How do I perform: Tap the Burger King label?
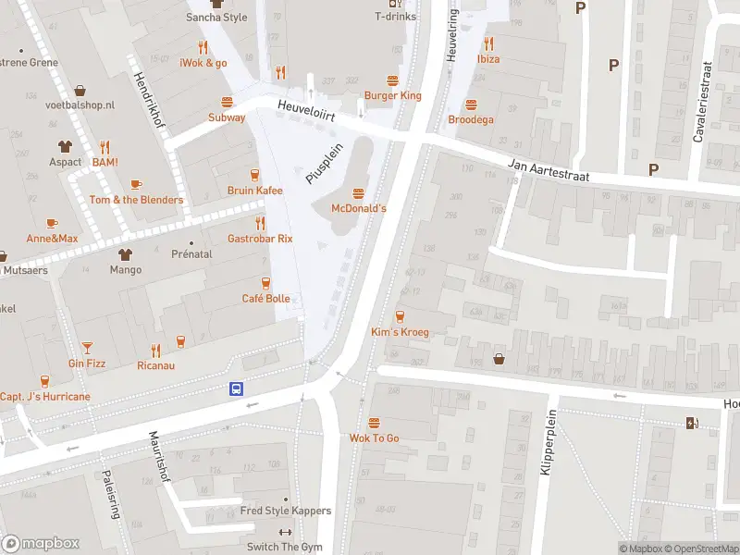pos(392,95)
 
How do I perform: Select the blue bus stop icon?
pos(237,389)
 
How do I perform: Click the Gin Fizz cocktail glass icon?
pos(87,348)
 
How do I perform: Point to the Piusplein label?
pos(325,163)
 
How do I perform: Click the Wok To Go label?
pos(374,438)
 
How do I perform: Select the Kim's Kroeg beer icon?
pos(400,316)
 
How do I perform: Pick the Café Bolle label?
pos(265,298)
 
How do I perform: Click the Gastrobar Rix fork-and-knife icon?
pos(260,223)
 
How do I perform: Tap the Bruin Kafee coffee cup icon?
pos(254,175)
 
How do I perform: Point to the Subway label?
pos(227,117)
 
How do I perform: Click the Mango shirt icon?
pos(125,254)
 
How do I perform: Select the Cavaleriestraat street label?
pos(701,103)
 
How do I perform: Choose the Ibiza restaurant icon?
pos(488,43)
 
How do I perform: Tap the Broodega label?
pos(471,119)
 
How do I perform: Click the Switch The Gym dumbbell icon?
pos(285,533)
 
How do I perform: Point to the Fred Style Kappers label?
pos(285,511)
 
